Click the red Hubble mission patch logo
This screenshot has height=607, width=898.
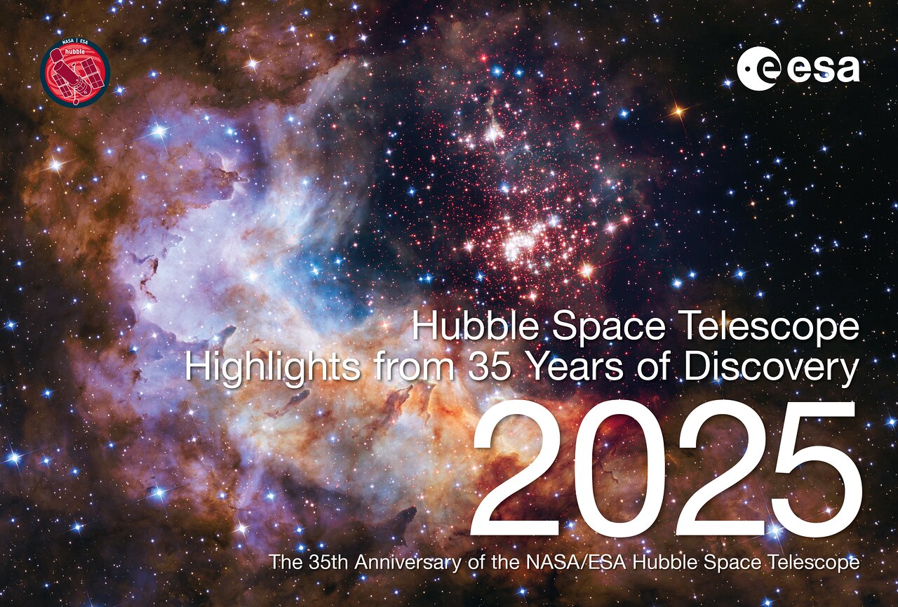coord(75,72)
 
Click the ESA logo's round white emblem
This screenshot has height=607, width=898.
coord(756,68)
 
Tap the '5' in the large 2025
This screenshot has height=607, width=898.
coord(814,469)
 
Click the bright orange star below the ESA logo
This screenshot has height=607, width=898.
coord(677,110)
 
